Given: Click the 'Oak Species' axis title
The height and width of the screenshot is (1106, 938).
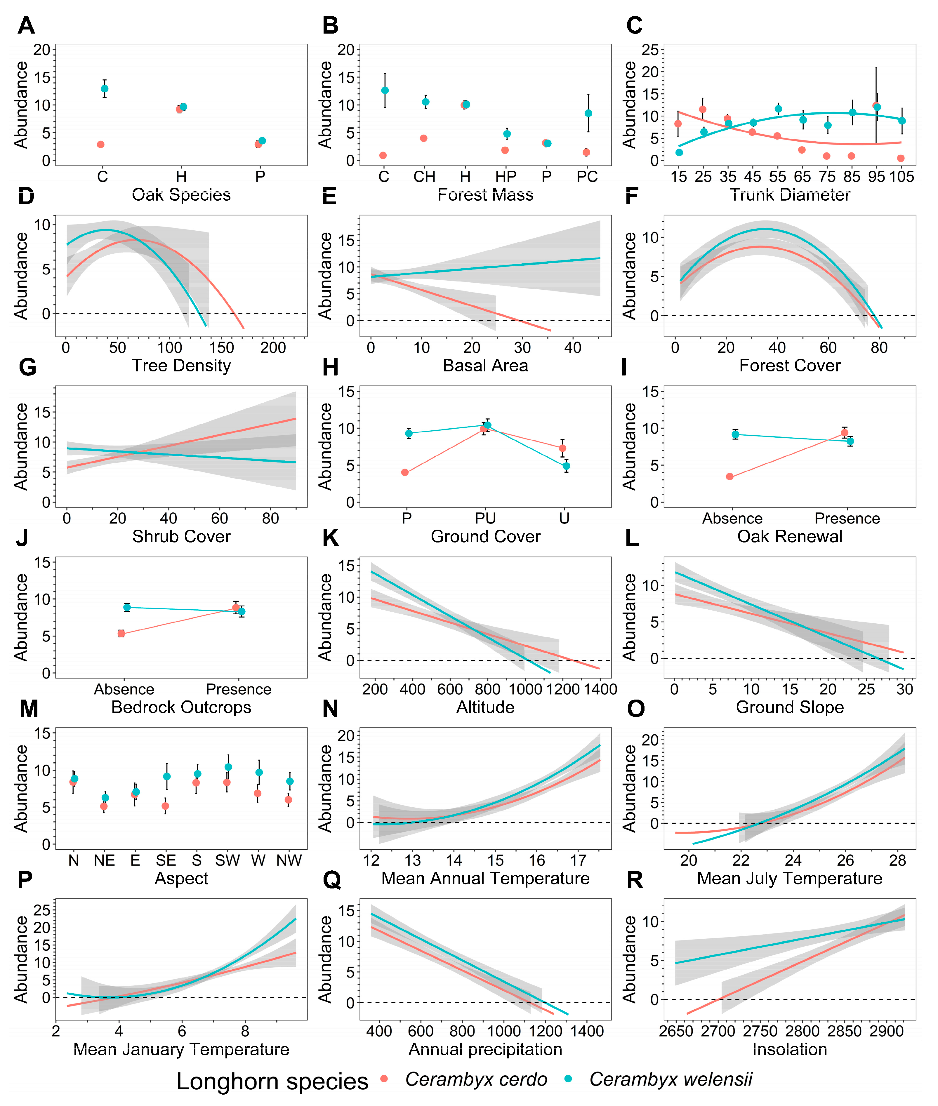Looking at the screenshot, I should (181, 195).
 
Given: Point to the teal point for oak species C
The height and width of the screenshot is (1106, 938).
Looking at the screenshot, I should (105, 89).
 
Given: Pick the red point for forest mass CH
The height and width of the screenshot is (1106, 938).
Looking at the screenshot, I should (424, 138).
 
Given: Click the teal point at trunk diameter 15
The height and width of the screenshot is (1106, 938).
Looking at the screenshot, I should (679, 153).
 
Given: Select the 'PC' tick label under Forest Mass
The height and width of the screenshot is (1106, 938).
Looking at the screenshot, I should (587, 177).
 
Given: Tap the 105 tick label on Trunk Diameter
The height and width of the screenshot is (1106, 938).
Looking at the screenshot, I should (902, 177).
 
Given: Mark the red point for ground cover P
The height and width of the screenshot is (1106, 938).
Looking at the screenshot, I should (405, 472).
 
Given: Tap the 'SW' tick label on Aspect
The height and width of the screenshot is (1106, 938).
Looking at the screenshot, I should (227, 860).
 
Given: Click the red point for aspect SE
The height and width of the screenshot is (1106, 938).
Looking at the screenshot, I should (165, 806).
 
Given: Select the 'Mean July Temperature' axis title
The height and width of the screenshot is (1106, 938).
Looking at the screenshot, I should (790, 879).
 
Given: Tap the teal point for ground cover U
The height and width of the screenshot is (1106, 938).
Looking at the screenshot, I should (566, 466).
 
